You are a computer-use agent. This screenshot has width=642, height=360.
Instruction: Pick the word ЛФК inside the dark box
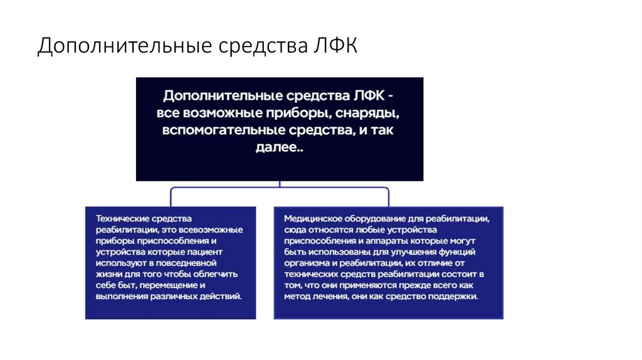tap(364, 96)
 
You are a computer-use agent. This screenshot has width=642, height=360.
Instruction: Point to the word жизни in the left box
tap(107, 274)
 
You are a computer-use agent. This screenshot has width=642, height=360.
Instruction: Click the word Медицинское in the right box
tap(313, 218)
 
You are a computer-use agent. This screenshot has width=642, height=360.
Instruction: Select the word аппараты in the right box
tap(397, 241)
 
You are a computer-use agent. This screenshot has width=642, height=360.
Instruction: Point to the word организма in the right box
tap(305, 263)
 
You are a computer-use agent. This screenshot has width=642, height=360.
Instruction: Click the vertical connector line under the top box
tap(280, 184)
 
